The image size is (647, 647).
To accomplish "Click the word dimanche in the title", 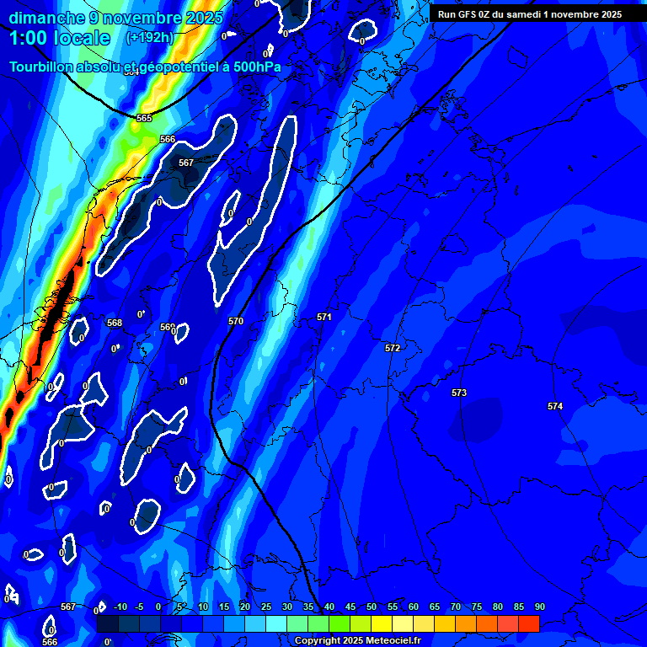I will tap(46, 18).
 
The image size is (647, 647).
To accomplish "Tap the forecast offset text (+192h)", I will tap(150, 38).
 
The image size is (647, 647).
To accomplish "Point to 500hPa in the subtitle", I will tap(257, 67).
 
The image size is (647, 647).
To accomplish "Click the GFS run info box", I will tap(530, 13).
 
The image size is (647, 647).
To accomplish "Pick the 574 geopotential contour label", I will tap(554, 406).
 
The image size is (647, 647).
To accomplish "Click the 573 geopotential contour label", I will tap(459, 393).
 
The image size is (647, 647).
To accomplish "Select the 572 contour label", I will tap(393, 348).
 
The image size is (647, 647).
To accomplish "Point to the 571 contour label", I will tap(324, 317).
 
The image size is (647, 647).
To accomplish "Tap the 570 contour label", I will tap(236, 321).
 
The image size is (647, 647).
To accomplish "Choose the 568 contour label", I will tap(115, 323).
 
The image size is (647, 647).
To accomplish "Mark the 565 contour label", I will tap(144, 118).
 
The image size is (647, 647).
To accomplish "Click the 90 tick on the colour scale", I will tap(539, 607).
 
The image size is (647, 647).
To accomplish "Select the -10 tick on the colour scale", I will tap(119, 607).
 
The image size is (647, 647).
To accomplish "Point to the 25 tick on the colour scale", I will tap(265, 607).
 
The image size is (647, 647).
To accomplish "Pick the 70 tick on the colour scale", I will tap(455, 607).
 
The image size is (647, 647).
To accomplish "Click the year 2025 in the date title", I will tap(205, 18).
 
